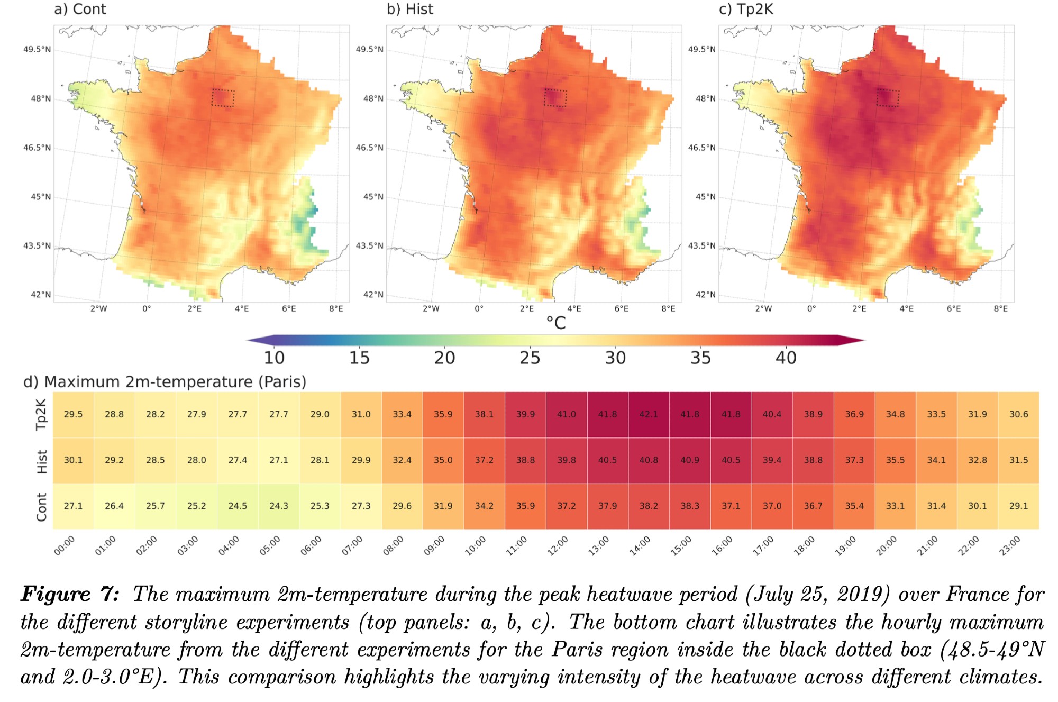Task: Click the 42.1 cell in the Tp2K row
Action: pos(649,414)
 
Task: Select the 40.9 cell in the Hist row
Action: pos(690,460)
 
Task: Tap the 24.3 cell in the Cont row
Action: pos(279,506)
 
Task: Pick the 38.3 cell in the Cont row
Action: pos(690,506)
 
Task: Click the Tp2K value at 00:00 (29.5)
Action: pos(73,414)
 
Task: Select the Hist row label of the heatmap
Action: pos(42,461)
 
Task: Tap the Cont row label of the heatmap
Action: pos(42,507)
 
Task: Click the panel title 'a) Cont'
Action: pos(80,9)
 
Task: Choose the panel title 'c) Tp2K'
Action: pos(746,9)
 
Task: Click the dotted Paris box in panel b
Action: pos(555,98)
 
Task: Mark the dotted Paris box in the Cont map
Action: pos(223,98)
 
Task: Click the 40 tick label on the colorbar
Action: pos(786,358)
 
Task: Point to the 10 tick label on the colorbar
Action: pos(274,358)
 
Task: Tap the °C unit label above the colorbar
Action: pos(556,323)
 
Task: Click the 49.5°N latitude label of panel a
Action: pos(37,50)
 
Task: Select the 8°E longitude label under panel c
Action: pos(1000,308)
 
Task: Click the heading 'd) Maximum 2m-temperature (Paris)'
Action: pos(165,381)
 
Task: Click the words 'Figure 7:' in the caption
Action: pos(70,594)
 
